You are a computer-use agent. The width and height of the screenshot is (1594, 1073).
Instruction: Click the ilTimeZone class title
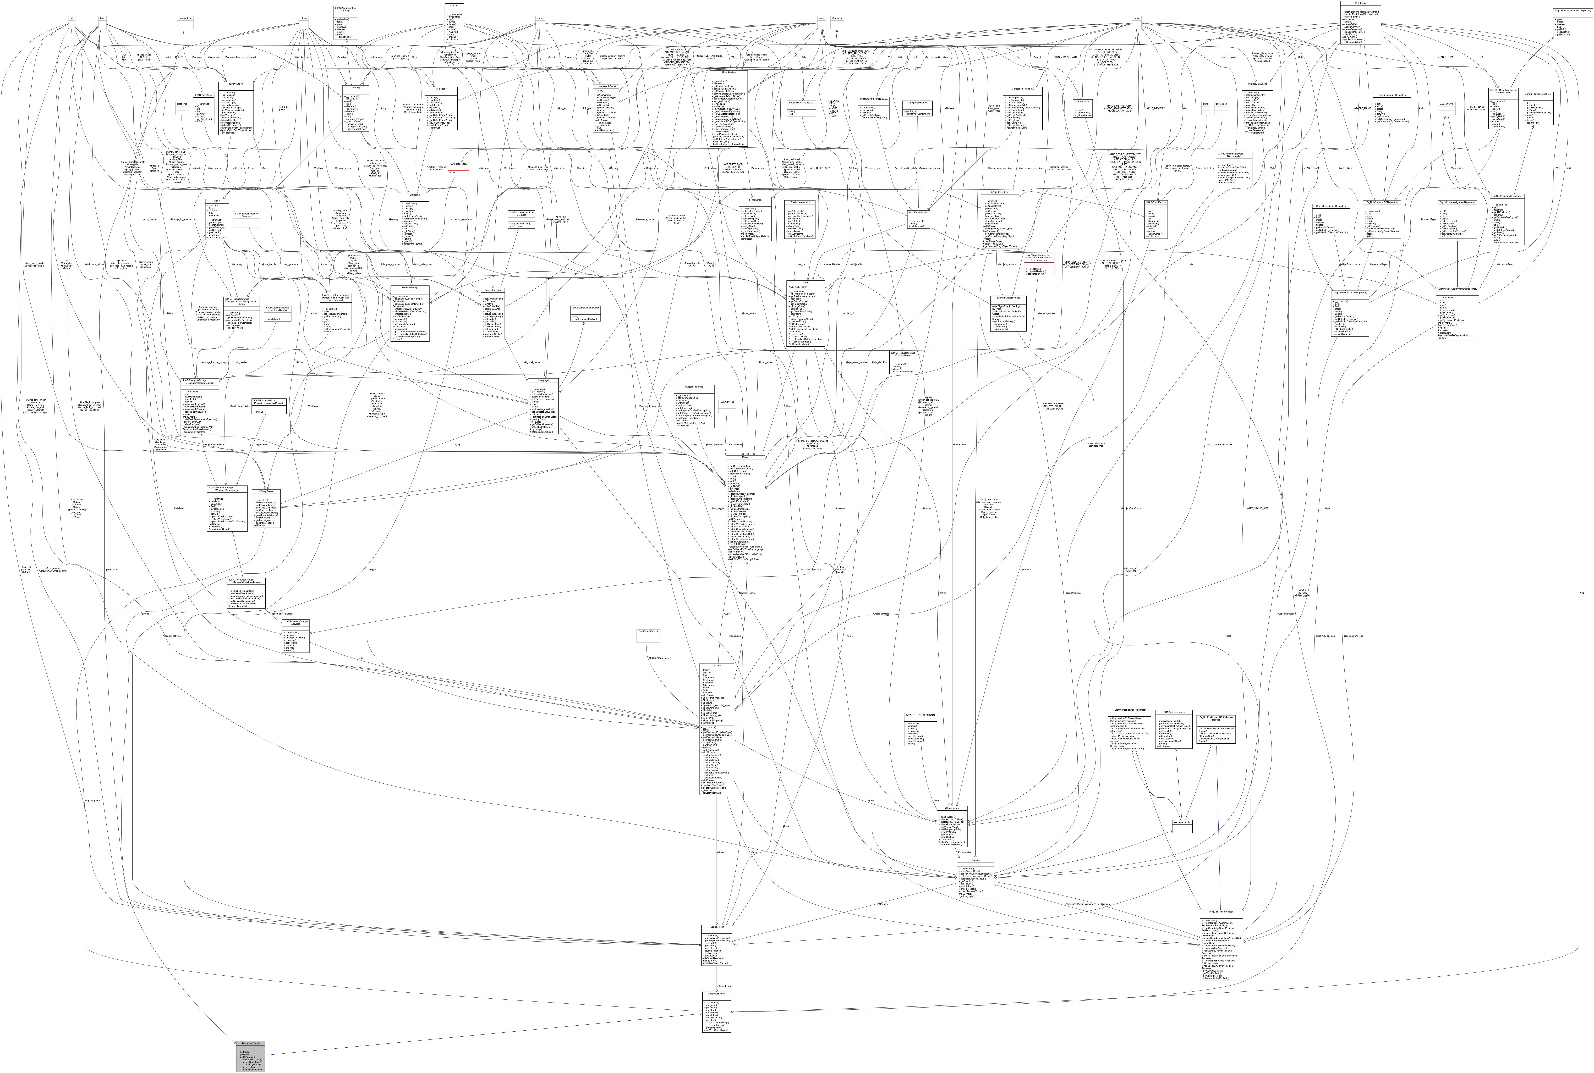[440, 88]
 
